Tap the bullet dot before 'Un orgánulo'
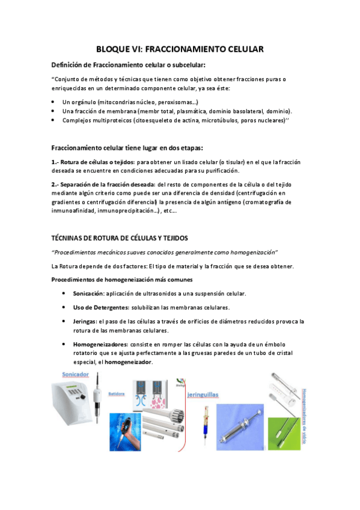point(54,102)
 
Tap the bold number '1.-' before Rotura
point(56,162)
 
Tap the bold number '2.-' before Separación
point(56,183)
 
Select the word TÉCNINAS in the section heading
point(74,238)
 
